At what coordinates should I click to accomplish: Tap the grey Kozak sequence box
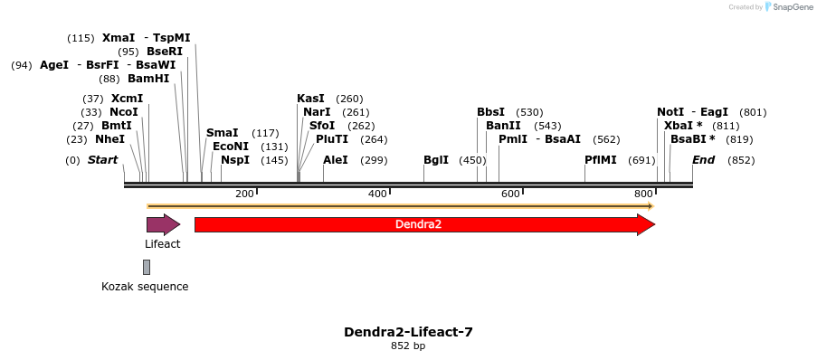(x=147, y=267)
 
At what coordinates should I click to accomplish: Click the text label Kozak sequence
(x=145, y=287)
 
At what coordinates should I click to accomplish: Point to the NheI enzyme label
(x=110, y=139)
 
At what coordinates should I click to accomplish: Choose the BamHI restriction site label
(x=148, y=79)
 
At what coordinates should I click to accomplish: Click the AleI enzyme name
(x=336, y=160)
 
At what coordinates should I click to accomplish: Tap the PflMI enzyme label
(x=601, y=160)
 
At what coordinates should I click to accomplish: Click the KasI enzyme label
(x=310, y=99)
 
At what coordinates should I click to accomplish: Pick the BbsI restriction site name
(x=491, y=112)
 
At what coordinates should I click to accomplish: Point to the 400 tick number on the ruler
(x=377, y=194)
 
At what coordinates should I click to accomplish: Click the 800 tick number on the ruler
(x=643, y=194)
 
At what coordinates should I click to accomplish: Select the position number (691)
(x=641, y=160)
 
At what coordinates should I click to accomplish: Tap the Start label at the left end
(x=102, y=160)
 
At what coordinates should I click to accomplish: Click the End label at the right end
(x=704, y=160)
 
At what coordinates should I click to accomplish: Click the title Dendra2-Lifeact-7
(x=408, y=332)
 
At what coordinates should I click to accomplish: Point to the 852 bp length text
(x=408, y=346)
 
